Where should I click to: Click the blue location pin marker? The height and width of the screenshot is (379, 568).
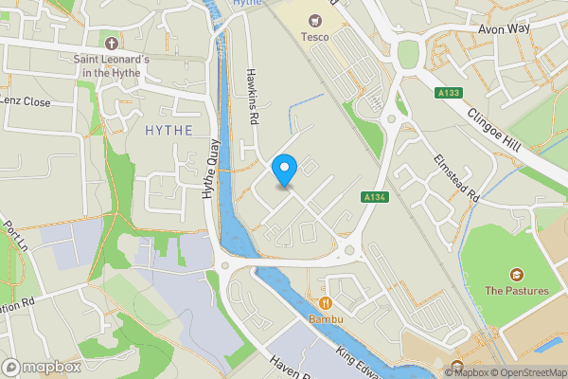coord(284,169)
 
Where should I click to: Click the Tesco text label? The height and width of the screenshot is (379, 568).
coord(315,37)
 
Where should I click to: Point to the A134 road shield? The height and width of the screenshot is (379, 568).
coord(372,196)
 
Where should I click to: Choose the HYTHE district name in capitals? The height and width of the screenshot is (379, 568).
coord(170,130)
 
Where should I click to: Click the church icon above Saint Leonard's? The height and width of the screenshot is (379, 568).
coord(112,43)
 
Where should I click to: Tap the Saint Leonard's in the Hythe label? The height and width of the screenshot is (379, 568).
coord(112,66)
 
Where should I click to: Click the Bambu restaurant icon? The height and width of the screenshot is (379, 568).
coord(325,303)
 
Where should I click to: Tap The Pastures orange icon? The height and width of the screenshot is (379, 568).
coord(517,274)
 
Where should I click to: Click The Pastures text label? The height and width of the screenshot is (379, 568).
coord(517,291)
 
